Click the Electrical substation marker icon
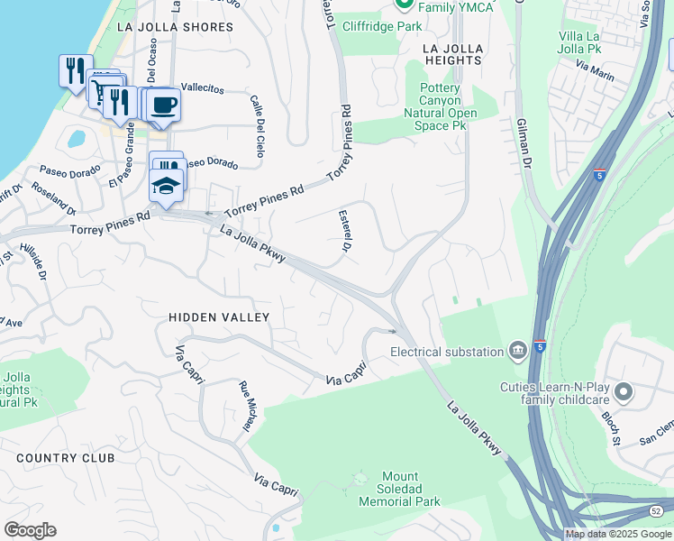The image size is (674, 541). [x=518, y=351]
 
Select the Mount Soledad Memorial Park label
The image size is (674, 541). [x=399, y=489]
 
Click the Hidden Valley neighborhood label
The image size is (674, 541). [x=219, y=317]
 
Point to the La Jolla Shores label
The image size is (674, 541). [x=175, y=27]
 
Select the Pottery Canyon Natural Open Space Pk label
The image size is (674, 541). [x=441, y=106]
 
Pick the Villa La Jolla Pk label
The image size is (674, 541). [x=587, y=43]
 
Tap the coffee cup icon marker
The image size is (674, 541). [x=163, y=104]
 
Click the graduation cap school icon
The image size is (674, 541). [x=167, y=187]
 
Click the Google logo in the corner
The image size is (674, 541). [x=31, y=530]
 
